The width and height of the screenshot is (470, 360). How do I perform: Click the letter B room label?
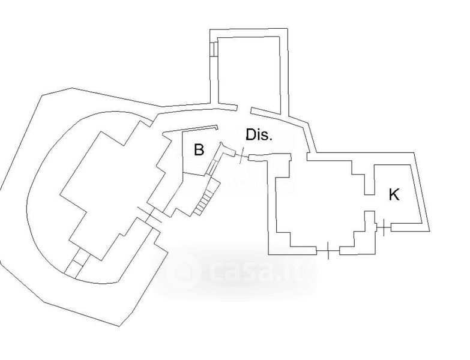[x=199, y=149]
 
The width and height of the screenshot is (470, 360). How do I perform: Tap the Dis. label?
[x=259, y=135]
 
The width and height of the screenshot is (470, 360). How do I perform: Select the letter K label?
[x=394, y=195]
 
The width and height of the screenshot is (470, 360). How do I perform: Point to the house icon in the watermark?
[x=183, y=271]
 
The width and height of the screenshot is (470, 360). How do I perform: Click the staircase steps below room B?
[x=207, y=196]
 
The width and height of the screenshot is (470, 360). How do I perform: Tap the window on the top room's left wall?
[x=213, y=49]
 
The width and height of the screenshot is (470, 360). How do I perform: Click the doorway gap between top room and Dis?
[x=243, y=109]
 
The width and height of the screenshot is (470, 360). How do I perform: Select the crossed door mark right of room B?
[x=241, y=156]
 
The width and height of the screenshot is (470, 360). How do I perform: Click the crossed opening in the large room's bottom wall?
[x=328, y=250]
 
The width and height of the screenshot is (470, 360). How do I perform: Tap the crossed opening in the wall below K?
[x=384, y=227]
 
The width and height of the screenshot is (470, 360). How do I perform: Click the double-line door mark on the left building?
[x=149, y=215]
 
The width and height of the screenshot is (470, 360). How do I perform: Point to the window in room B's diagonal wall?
[x=212, y=167]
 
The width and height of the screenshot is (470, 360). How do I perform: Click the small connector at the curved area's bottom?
[x=77, y=263]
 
